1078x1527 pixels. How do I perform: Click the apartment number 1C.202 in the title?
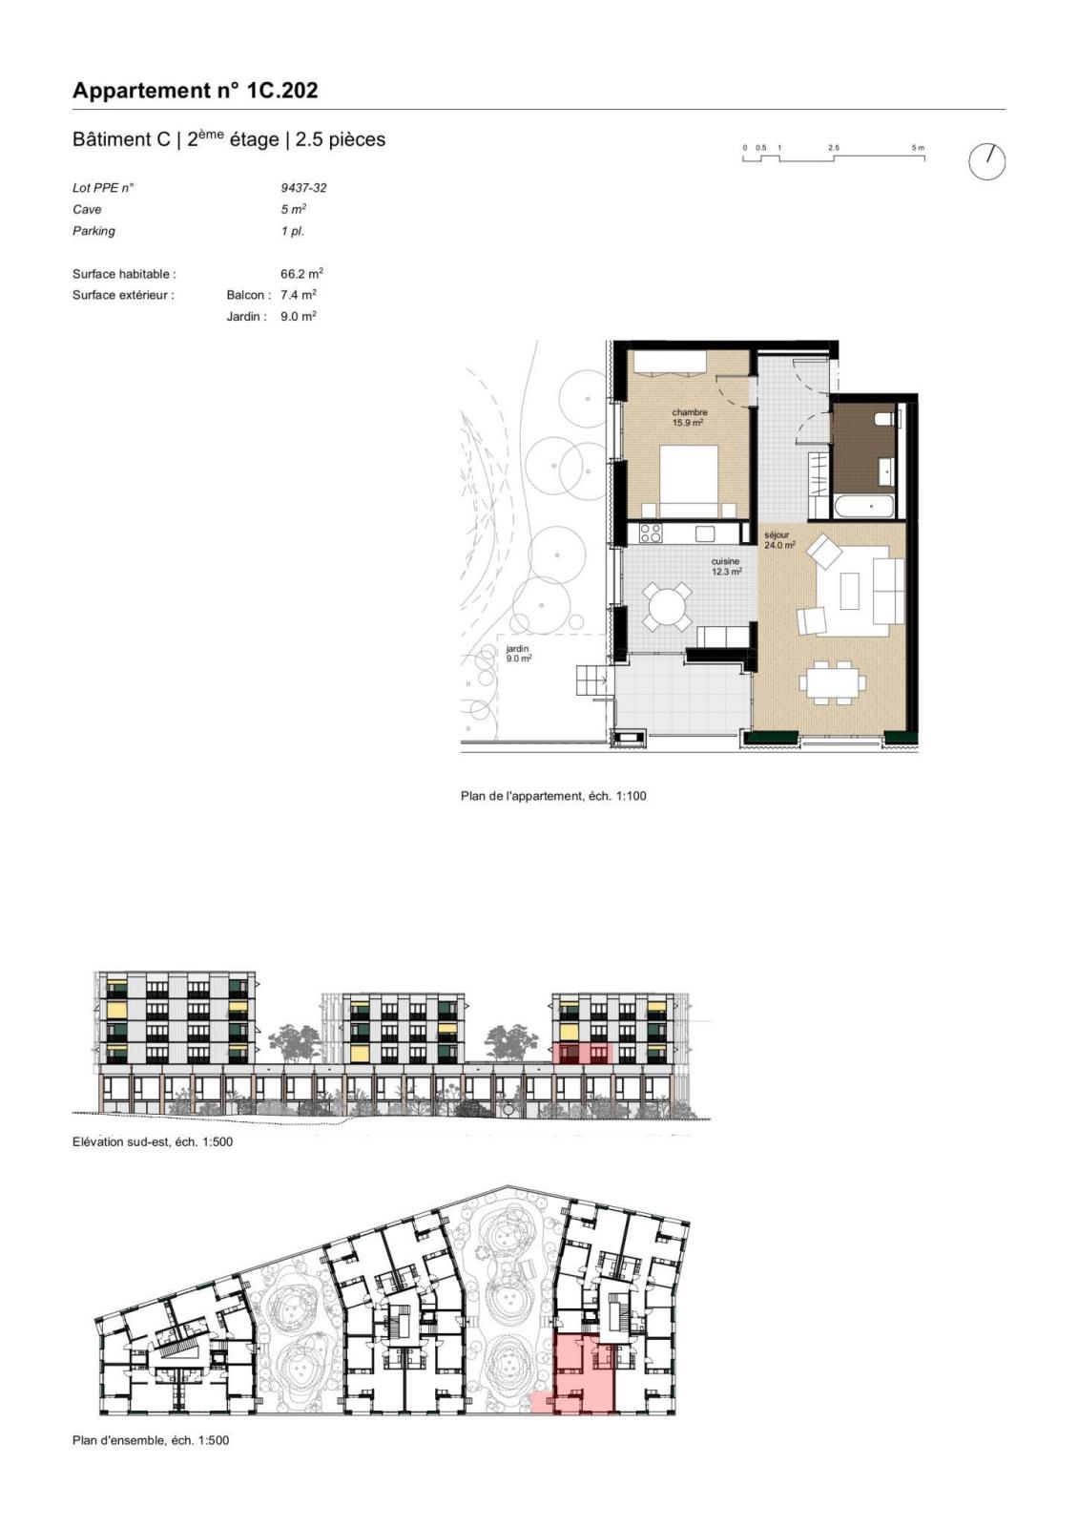281,91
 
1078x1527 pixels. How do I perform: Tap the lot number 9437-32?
303,187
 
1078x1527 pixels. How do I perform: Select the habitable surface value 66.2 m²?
301,274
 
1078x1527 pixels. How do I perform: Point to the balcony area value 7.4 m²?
299,295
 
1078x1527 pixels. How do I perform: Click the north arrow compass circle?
986,162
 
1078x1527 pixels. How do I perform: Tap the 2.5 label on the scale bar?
834,148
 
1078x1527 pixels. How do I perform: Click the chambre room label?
689,412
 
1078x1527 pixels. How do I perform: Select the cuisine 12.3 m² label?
726,567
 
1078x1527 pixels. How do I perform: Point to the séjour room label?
777,535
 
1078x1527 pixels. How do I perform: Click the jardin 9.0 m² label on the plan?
518,654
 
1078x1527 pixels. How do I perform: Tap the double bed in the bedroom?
689,481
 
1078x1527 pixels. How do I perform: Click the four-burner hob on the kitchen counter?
651,533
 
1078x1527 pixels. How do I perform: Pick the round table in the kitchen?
668,606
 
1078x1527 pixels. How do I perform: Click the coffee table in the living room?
850,591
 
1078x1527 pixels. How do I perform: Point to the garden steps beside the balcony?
591,680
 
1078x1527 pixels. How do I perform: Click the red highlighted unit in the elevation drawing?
582,1053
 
